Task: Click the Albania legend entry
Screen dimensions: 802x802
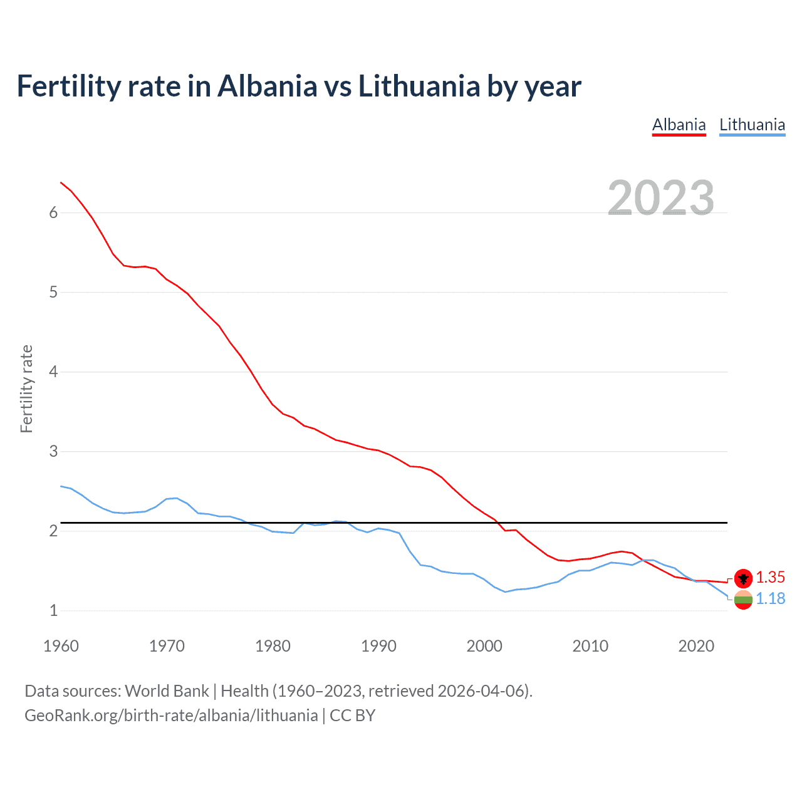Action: pos(679,125)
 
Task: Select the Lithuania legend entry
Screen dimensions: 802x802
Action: pos(752,125)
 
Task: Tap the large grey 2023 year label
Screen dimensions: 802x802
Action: pos(660,198)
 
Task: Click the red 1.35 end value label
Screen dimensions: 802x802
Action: pos(770,577)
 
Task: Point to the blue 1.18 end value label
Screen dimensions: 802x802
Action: pos(770,598)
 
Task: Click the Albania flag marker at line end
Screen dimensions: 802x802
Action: pos(743,578)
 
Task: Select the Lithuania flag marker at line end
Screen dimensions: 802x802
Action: pos(743,600)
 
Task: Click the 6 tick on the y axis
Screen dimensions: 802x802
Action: pos(53,212)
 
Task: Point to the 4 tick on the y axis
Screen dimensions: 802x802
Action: pos(53,372)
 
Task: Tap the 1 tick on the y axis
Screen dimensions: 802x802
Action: pos(53,610)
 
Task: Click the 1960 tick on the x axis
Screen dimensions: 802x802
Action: pos(61,646)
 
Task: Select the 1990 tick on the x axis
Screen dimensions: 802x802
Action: pos(378,646)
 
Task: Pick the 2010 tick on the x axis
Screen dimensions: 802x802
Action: pos(590,646)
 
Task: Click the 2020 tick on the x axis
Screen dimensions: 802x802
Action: pos(696,646)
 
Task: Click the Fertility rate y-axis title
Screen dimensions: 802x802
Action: pos(26,388)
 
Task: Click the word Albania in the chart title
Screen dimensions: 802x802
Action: pos(268,86)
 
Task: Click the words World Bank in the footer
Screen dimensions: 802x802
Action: pos(167,690)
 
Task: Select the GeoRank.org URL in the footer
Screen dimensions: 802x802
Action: pos(171,716)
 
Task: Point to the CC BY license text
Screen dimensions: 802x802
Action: pos(352,716)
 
